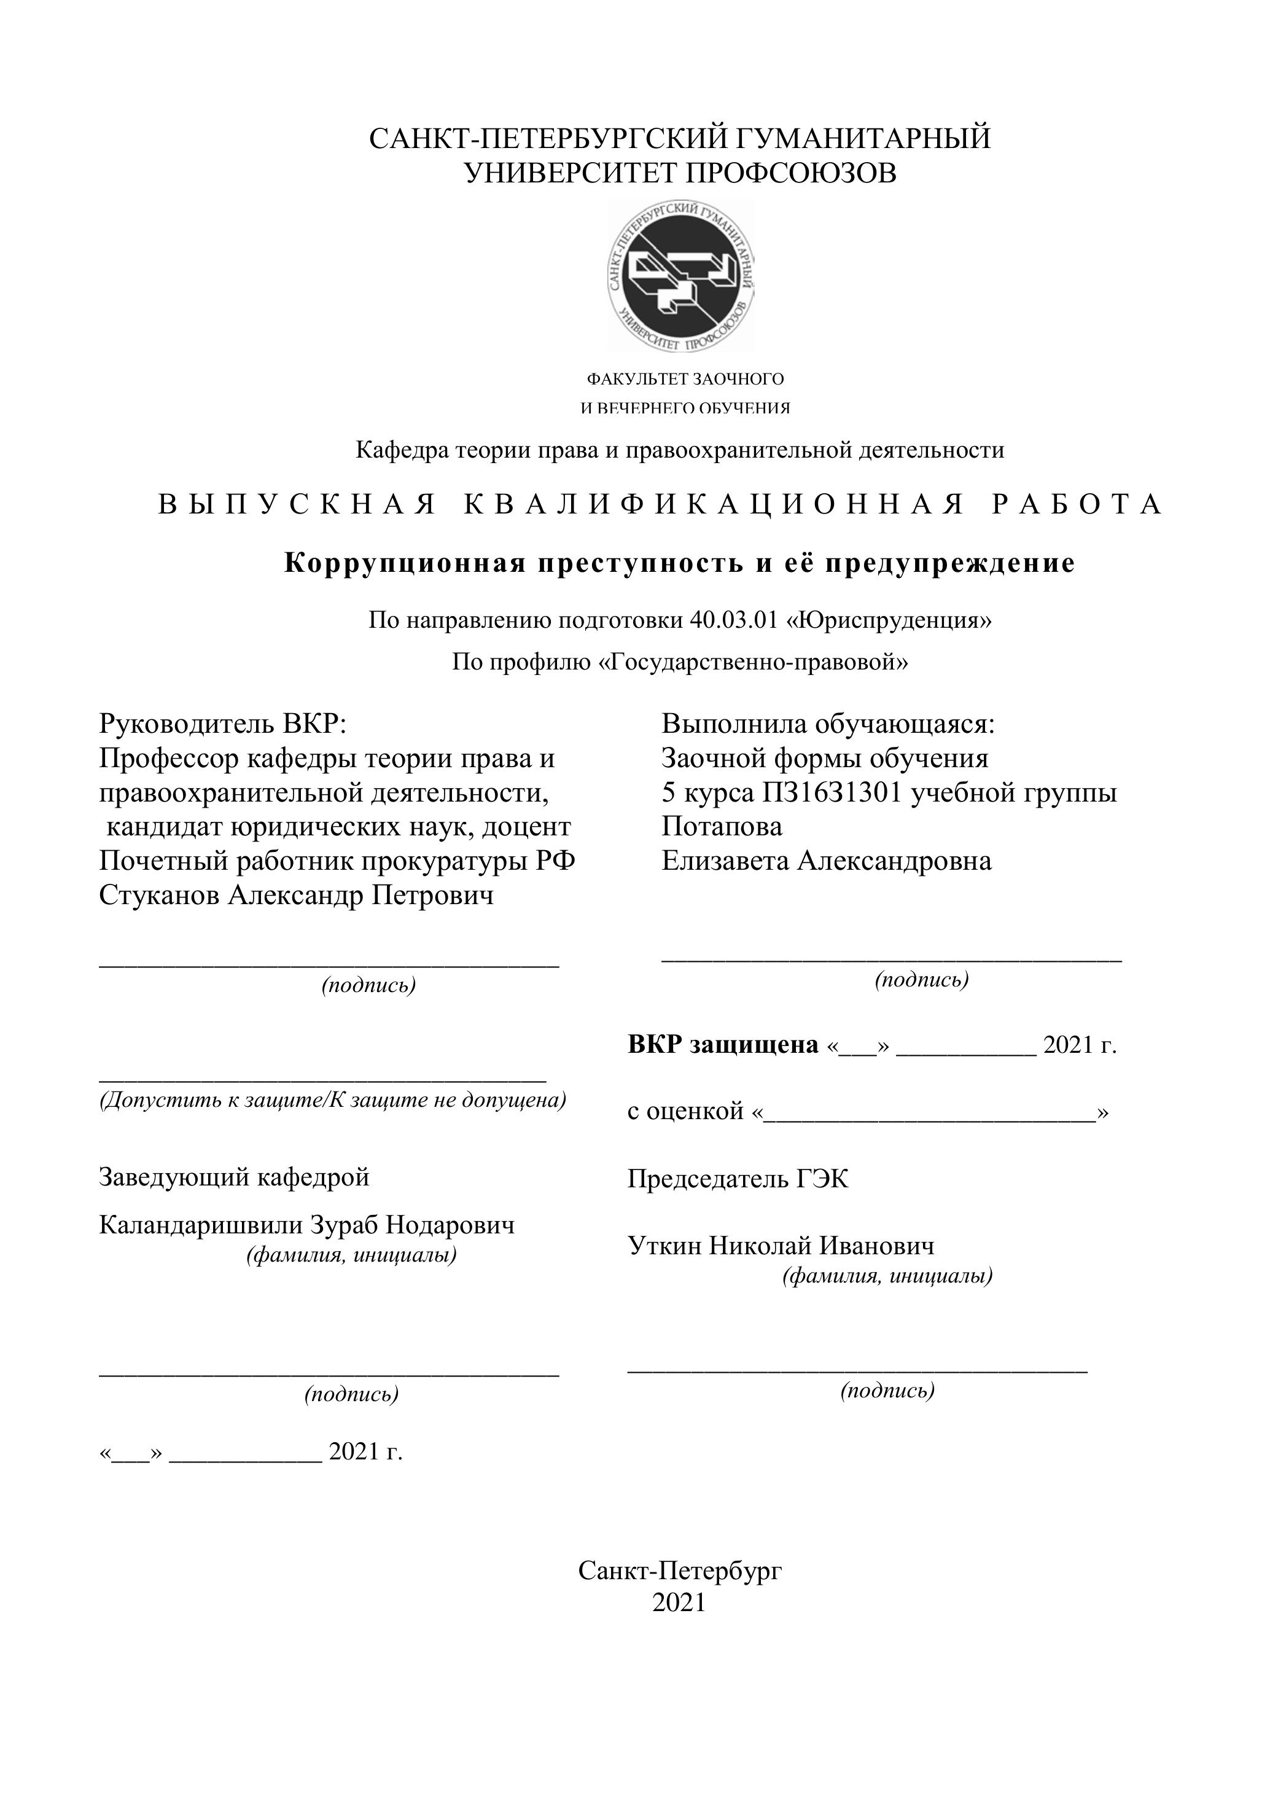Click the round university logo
point(681,276)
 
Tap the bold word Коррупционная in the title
point(404,563)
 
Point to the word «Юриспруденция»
point(889,620)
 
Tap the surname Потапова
point(722,826)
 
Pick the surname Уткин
point(664,1245)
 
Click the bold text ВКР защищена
point(723,1044)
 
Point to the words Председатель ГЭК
point(738,1179)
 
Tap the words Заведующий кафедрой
point(234,1176)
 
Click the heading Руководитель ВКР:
point(222,724)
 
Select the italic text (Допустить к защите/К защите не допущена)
point(332,1100)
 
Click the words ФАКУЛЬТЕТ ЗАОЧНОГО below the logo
point(685,380)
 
